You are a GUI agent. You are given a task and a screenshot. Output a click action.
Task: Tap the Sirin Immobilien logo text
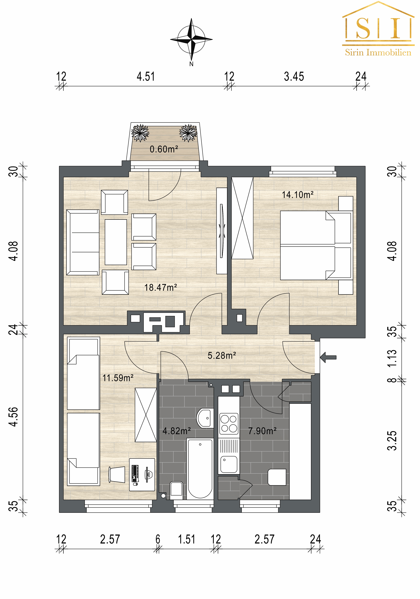378,53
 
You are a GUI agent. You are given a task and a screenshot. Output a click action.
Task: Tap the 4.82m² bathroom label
177,431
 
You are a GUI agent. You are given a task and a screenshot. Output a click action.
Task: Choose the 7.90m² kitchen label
262,431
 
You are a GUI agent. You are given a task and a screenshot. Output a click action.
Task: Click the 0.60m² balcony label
164,149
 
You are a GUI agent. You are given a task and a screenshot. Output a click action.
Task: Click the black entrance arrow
328,357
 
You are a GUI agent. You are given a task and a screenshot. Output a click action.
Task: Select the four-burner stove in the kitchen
229,424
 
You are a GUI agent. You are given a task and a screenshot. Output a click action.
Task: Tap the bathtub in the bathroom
200,469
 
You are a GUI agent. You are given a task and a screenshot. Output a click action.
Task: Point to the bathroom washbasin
205,418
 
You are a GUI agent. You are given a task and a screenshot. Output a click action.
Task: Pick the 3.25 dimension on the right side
392,441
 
